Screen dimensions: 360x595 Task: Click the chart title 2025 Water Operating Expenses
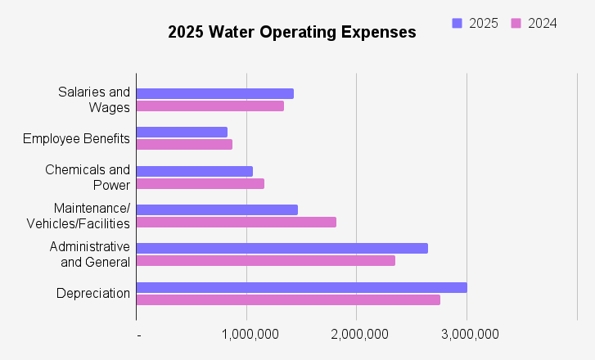(x=292, y=33)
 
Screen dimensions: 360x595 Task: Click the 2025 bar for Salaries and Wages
(x=214, y=93)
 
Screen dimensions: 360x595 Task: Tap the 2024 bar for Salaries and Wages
(x=210, y=106)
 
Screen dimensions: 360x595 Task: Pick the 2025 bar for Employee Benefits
(x=182, y=132)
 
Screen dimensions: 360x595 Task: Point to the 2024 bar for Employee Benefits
(x=184, y=144)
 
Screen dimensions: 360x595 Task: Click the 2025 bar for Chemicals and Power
(x=194, y=171)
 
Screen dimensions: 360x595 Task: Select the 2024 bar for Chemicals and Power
(x=200, y=183)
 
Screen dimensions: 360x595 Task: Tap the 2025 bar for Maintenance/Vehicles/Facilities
(x=217, y=209)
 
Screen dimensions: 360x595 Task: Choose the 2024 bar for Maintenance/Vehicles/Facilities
(x=236, y=222)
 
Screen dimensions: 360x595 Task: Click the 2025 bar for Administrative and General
(x=282, y=248)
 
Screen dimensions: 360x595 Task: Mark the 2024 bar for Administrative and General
(x=265, y=260)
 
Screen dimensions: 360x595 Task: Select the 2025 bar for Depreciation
(x=301, y=287)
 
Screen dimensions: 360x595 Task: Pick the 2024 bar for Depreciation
(x=288, y=299)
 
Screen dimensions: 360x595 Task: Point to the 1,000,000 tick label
(x=246, y=334)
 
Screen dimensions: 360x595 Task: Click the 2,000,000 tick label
(x=357, y=334)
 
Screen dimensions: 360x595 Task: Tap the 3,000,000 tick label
(x=467, y=334)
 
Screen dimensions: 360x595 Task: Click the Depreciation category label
(x=93, y=293)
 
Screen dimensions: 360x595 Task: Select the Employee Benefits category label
(x=76, y=138)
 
